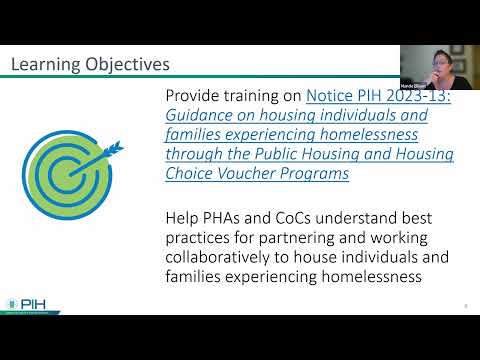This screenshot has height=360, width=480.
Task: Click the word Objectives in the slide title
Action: click(129, 65)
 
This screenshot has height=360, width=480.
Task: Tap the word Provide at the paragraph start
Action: click(196, 96)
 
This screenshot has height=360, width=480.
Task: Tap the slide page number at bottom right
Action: click(466, 306)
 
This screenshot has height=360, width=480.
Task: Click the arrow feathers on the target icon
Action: click(113, 149)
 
